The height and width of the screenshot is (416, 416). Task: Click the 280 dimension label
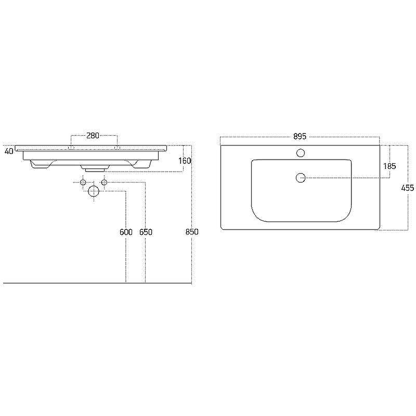[93, 136]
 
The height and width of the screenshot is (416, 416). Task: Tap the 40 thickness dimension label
[9, 151]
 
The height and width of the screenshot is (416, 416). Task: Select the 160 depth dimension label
[185, 161]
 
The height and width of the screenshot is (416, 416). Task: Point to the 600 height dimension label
[126, 232]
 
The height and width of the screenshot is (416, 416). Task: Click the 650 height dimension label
[146, 232]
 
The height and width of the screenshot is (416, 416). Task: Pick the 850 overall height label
[192, 231]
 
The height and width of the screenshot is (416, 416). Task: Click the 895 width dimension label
[300, 136]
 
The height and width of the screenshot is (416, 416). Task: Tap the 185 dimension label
[389, 166]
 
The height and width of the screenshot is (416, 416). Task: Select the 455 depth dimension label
[408, 188]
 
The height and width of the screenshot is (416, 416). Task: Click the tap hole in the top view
[301, 153]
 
